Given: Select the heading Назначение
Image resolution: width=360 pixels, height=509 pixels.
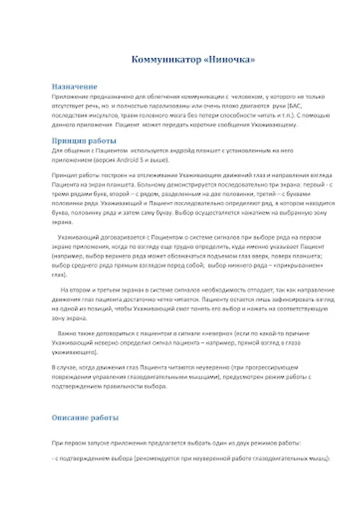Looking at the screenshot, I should point(74,87).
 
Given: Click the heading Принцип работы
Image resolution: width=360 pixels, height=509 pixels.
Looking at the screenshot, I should point(84,141).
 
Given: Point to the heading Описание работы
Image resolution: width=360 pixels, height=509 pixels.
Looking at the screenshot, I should point(85,419).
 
